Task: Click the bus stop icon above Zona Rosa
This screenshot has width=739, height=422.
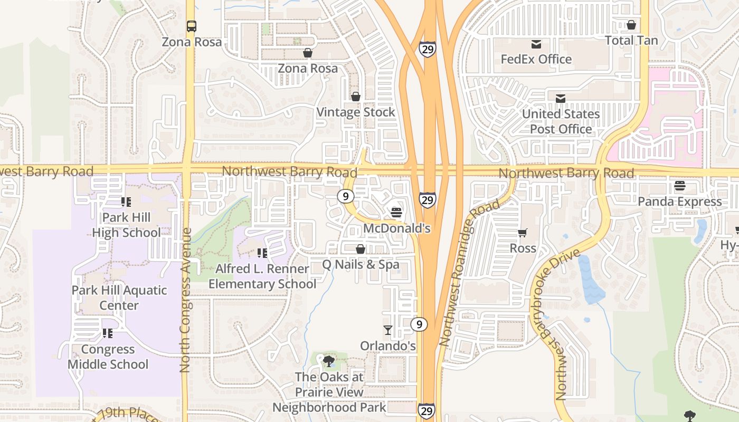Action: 192,26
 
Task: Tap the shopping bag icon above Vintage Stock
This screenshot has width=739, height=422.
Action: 356,97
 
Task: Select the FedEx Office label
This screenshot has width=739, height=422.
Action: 536,59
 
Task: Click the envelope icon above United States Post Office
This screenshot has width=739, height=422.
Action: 561,98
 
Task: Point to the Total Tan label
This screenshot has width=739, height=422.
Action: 631,41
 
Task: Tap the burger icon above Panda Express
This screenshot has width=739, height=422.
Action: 679,186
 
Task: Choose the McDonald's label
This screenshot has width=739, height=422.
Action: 397,228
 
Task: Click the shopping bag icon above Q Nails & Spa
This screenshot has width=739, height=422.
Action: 361,248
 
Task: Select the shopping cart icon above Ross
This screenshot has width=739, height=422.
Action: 523,233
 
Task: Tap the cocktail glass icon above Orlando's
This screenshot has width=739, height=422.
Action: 388,330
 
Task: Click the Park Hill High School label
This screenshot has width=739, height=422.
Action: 126,225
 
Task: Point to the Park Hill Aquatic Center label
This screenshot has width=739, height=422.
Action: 119,298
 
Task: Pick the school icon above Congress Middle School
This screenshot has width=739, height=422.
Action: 108,333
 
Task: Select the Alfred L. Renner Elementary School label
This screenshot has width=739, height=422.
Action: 262,276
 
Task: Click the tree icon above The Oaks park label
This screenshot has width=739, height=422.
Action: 329,361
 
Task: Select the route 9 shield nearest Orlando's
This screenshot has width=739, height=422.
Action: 419,324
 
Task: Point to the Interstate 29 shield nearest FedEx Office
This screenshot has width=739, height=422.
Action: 428,50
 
